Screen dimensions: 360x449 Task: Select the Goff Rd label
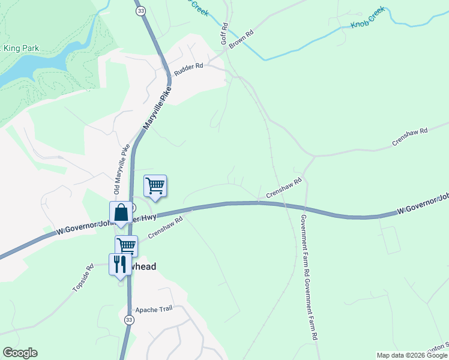[224, 34]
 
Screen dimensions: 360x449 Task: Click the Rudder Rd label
[188, 70]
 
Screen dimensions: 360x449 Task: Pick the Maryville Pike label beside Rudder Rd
[157, 109]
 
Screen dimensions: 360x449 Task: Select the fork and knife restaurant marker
[120, 265]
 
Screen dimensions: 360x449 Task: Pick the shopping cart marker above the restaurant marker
[126, 245]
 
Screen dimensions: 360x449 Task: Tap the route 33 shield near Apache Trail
[128, 321]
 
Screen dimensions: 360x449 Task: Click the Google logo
[20, 353]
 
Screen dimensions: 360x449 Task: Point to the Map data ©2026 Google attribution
[412, 355]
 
